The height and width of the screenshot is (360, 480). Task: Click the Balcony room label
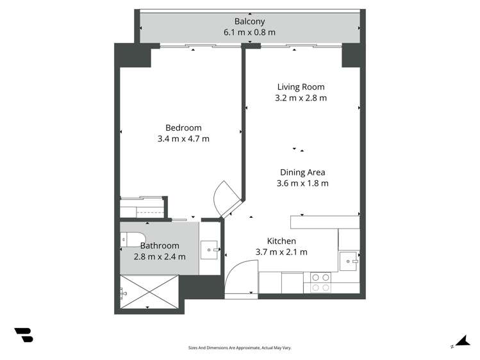(249, 20)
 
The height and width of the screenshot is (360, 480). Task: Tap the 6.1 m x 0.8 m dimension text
(249, 32)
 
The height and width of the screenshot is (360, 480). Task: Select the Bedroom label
(183, 127)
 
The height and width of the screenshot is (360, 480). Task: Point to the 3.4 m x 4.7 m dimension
(183, 138)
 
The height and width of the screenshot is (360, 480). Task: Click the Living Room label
(301, 87)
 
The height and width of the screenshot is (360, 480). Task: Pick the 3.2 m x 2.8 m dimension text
(301, 98)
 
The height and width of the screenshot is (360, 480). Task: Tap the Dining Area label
(302, 172)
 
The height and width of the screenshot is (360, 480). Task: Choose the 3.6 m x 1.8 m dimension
(302, 183)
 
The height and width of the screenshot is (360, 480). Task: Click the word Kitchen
(281, 241)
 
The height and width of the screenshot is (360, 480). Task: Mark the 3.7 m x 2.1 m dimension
(281, 252)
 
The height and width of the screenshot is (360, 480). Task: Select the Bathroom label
(159, 245)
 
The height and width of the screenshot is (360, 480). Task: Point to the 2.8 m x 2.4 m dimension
(159, 256)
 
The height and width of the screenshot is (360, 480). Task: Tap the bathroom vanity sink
(210, 249)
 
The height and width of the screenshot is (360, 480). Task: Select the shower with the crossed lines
(149, 292)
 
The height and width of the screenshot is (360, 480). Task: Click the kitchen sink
(349, 260)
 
